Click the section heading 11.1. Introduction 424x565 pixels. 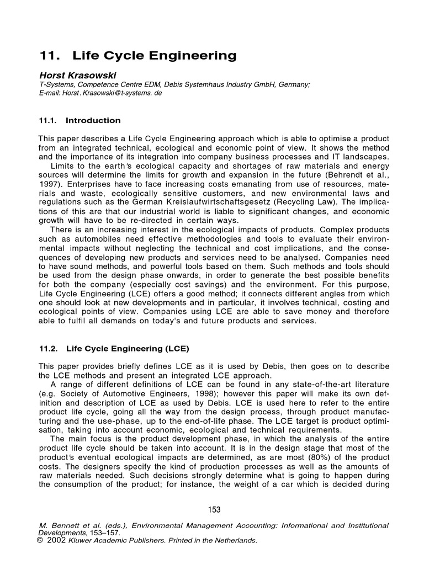pos(79,120)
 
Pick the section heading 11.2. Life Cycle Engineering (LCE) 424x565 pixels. pos(113,349)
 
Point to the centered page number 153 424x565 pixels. pos(212,510)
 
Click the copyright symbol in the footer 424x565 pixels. pos(40,541)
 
